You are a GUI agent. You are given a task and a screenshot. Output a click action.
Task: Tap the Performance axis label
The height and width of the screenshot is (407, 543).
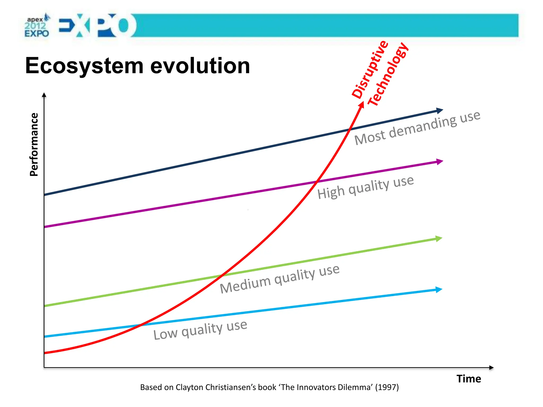(x=34, y=144)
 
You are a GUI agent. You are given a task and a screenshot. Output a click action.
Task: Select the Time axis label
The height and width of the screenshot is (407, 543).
(x=468, y=379)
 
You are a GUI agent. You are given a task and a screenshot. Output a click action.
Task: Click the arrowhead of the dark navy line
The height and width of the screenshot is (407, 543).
(x=439, y=110)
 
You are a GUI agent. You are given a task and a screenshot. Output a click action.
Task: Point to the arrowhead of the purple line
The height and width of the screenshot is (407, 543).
(x=440, y=162)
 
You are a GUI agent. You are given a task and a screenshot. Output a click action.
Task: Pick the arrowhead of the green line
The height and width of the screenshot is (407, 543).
(x=439, y=239)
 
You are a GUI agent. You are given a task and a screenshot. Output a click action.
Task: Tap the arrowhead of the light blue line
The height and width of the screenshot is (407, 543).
(x=439, y=290)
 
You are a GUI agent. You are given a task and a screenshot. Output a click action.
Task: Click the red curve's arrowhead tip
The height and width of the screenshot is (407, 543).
(x=362, y=104)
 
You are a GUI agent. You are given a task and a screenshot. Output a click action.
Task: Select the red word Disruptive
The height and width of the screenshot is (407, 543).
(x=370, y=69)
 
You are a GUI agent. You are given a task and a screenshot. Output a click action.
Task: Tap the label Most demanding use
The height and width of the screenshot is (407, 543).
(x=417, y=128)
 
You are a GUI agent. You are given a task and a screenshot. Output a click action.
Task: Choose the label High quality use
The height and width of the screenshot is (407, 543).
(x=365, y=187)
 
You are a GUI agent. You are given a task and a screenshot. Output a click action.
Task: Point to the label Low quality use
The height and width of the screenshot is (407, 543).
(x=200, y=330)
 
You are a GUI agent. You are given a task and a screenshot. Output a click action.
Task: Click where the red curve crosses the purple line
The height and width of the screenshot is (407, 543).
(x=317, y=182)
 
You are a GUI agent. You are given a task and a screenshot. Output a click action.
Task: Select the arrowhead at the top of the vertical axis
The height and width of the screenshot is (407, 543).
(x=44, y=95)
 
